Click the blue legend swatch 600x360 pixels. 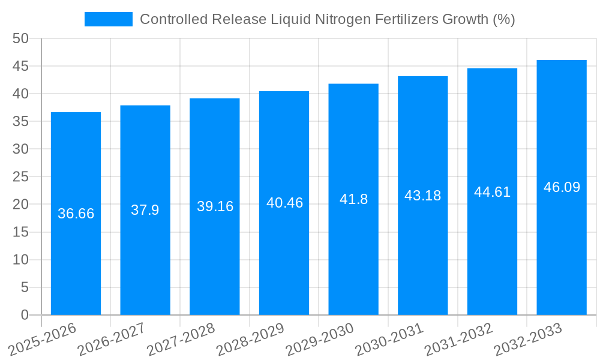point(108,19)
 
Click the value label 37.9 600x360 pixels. point(145,210)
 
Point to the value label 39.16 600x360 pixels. point(215,206)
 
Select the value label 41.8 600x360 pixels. point(353,199)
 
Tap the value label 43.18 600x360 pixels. point(422,196)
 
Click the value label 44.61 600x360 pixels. point(492,192)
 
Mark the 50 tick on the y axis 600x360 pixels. point(20,38)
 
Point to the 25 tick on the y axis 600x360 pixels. point(20,176)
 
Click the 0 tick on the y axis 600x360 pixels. point(25,315)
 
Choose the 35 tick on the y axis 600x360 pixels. point(20,121)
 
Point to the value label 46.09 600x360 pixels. point(562,187)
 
